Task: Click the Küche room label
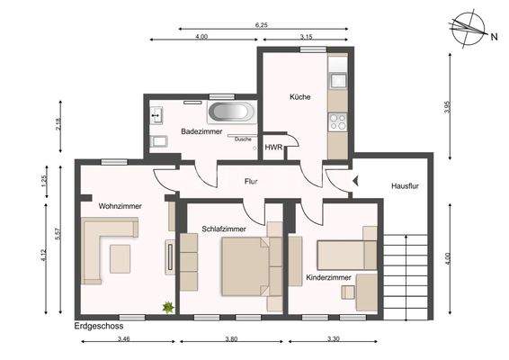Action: (299, 96)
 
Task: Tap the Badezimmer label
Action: (201, 131)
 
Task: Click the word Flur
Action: (252, 182)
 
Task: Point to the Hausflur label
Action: (406, 186)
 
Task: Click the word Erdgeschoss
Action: (99, 326)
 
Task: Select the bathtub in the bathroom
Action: (231, 113)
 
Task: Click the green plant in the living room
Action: (166, 308)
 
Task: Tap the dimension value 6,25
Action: (261, 25)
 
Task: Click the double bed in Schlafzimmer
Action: (245, 267)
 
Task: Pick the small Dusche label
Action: (243, 139)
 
